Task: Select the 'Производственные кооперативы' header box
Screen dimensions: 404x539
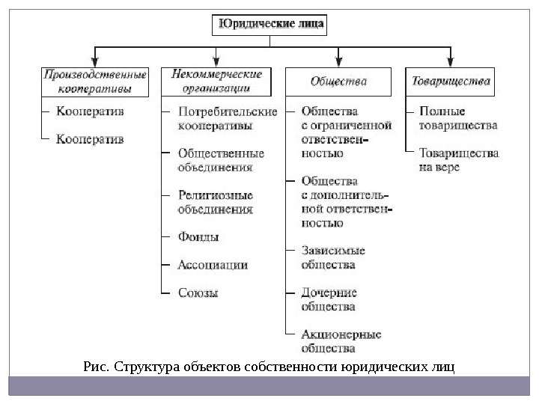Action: tap(94, 82)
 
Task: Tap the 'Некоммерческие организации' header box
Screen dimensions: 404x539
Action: tap(216, 82)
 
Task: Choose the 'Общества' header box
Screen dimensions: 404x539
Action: tap(338, 81)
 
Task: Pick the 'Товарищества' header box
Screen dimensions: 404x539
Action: tap(450, 81)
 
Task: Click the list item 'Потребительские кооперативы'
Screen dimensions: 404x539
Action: tap(227, 119)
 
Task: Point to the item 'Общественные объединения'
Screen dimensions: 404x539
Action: tap(221, 160)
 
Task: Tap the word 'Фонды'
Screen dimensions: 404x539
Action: tap(198, 237)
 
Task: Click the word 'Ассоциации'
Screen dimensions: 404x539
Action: tap(213, 265)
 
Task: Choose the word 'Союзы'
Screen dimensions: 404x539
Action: tap(198, 293)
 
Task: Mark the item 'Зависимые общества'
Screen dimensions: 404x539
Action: tap(332, 257)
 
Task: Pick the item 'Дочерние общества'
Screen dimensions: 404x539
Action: tap(329, 299)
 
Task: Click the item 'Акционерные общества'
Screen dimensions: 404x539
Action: tap(341, 341)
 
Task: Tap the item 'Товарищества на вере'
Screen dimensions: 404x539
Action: tap(459, 160)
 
